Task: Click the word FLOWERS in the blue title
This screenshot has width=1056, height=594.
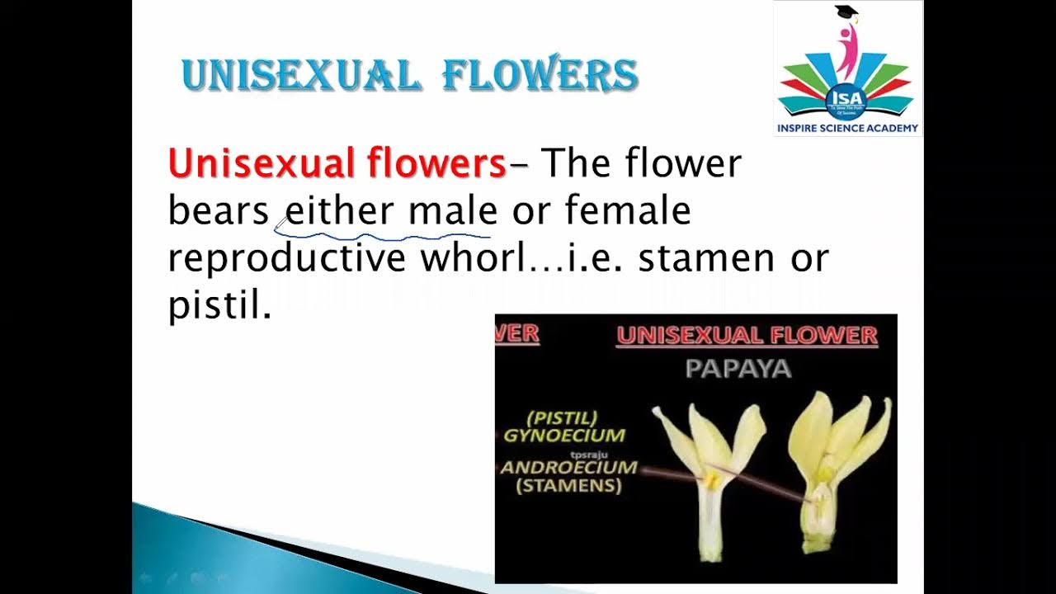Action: coord(540,76)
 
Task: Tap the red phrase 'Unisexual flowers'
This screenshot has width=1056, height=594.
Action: coord(337,163)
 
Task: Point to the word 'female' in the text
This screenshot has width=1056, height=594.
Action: coord(628,210)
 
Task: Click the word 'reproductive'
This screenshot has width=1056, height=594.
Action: coord(287,259)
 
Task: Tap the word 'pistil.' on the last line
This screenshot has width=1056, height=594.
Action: coord(219,306)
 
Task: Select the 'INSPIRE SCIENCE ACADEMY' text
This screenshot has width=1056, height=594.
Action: coord(847,129)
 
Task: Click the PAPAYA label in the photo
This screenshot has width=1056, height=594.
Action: coord(738,368)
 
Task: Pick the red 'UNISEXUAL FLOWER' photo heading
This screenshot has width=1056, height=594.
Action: coord(747,336)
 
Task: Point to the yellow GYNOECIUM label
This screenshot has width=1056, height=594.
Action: coord(564,435)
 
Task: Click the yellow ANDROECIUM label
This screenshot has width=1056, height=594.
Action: coord(569,468)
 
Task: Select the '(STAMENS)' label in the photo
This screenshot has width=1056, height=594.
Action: coord(568,486)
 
